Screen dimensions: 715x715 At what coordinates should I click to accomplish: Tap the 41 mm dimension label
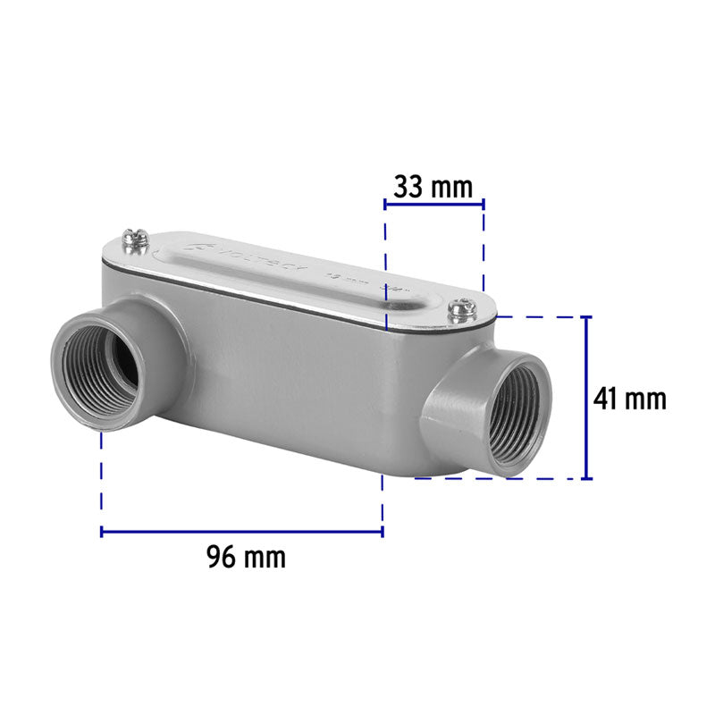[630, 399]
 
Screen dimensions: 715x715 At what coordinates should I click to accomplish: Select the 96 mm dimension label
[246, 558]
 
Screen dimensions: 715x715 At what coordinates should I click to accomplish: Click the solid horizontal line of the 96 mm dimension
[241, 532]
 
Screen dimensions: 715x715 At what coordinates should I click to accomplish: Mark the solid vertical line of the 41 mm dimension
[587, 398]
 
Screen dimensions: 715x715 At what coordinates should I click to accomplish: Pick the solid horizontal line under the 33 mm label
[433, 204]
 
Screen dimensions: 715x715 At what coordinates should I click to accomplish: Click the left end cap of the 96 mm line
[102, 532]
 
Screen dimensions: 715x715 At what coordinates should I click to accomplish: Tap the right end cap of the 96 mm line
[383, 532]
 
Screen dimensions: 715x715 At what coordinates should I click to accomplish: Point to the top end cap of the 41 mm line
[587, 317]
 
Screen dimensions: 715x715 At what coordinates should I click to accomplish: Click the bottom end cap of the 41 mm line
[587, 478]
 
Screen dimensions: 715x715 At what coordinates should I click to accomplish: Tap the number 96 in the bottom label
[223, 558]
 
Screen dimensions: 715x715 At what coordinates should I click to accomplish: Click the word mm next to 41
[645, 399]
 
